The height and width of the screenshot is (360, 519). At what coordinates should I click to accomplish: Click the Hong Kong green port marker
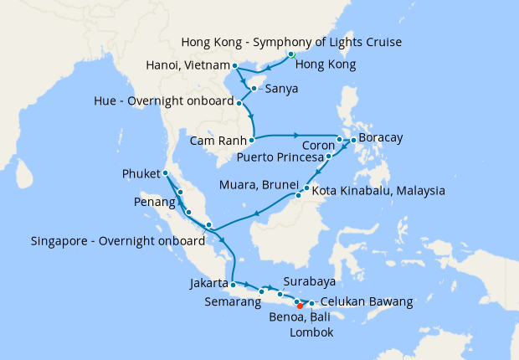click(291, 54)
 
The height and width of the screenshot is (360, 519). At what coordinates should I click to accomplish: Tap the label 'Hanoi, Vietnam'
click(188, 65)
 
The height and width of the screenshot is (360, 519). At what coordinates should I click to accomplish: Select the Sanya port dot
click(253, 87)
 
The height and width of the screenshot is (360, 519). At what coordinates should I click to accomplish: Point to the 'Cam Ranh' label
click(217, 140)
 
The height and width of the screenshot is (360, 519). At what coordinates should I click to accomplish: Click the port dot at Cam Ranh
click(251, 140)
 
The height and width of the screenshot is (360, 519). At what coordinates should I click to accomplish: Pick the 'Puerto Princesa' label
click(279, 156)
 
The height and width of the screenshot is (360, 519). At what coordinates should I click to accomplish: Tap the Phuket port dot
click(166, 172)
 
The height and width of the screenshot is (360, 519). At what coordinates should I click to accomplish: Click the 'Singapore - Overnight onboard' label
click(117, 240)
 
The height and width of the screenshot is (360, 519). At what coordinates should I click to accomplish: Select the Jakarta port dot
click(233, 284)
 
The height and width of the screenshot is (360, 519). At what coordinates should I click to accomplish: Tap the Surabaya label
click(309, 281)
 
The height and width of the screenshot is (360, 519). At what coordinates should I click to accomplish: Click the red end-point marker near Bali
click(300, 306)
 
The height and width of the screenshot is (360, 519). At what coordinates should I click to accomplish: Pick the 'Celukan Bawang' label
click(367, 301)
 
